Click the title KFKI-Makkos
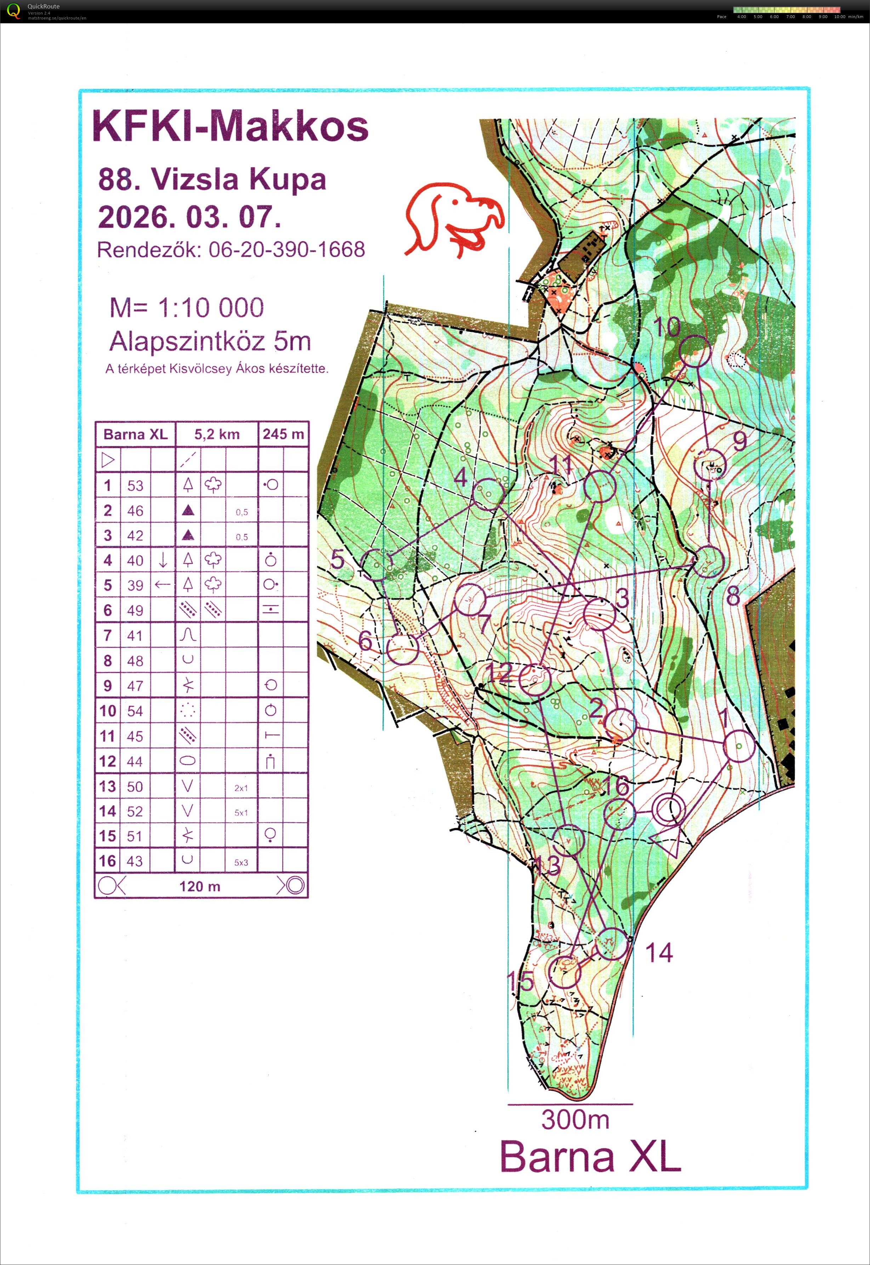point(231,126)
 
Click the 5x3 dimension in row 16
point(241,862)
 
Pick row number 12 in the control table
point(108,761)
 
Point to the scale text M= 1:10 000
point(186,308)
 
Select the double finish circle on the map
point(669,809)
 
